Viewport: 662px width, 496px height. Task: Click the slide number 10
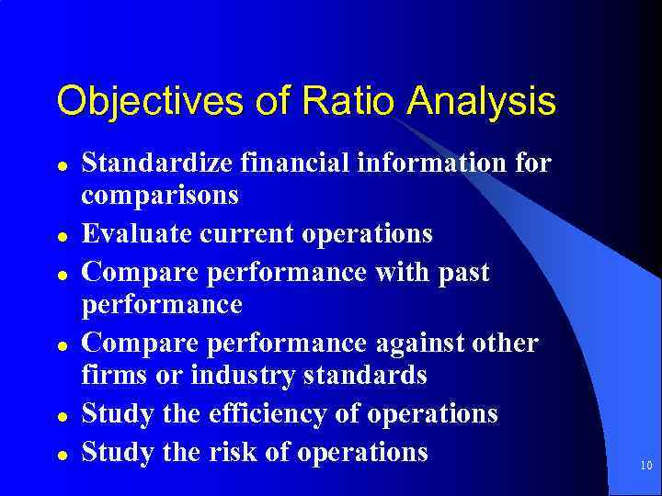[x=646, y=467]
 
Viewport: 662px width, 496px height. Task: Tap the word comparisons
[x=160, y=196]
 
